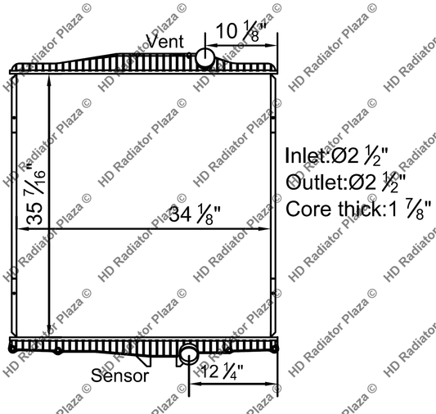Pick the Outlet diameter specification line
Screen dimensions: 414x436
click(347, 181)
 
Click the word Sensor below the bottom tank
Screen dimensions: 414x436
click(119, 376)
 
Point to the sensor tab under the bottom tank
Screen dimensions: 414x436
click(145, 359)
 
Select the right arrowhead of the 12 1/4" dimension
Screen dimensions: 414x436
click(274, 382)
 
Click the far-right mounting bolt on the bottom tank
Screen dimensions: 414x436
click(273, 349)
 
